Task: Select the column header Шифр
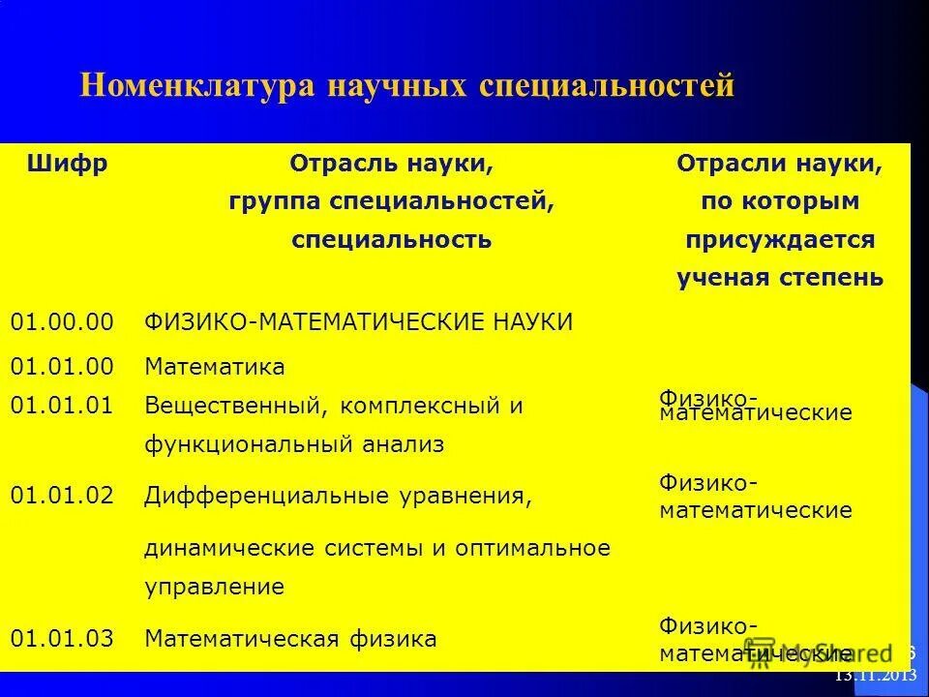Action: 68,164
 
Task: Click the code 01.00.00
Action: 62,322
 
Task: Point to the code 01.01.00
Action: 62,367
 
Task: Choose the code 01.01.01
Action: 62,406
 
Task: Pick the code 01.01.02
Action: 62,496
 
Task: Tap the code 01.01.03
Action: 62,638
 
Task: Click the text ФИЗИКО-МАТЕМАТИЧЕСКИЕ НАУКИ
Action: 358,322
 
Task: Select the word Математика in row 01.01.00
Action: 215,367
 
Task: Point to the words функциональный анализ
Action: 294,444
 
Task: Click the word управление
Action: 214,586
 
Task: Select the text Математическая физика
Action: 290,638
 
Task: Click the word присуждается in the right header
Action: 779,239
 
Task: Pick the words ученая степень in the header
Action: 779,278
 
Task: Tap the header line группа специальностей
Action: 392,201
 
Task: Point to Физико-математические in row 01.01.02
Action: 756,496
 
